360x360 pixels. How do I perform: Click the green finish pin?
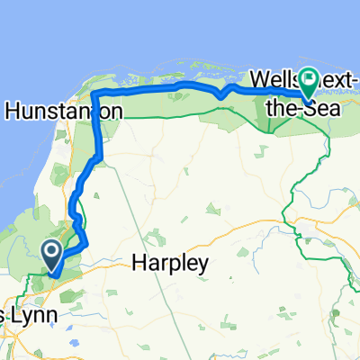click(308, 82)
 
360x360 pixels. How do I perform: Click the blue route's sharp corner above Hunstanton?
click(94, 94)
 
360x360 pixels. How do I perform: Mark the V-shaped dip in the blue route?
click(220, 96)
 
